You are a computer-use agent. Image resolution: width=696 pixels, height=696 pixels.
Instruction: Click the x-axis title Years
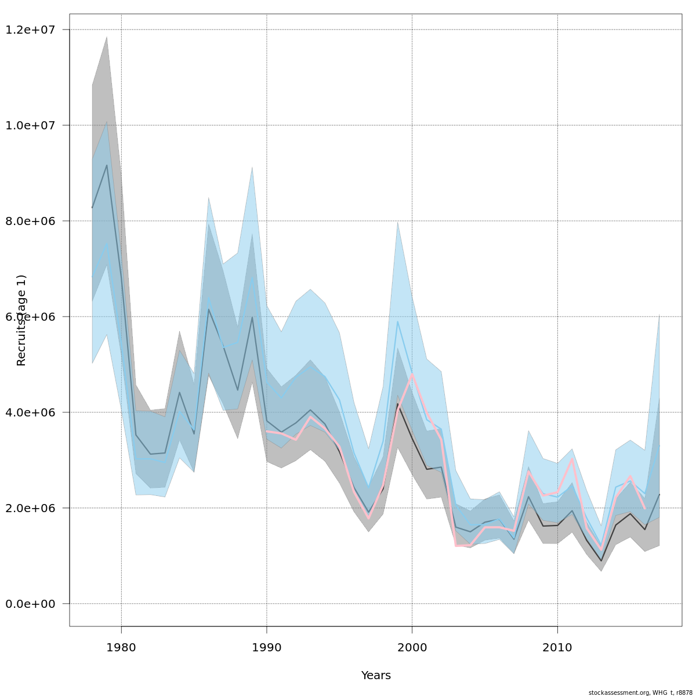pyautogui.click(x=376, y=676)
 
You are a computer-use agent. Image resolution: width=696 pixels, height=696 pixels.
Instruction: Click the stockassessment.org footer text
pyautogui.click(x=640, y=693)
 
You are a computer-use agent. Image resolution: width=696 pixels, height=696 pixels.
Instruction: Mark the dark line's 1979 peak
pyautogui.click(x=107, y=165)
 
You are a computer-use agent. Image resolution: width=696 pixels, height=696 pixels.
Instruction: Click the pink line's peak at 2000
pyautogui.click(x=412, y=374)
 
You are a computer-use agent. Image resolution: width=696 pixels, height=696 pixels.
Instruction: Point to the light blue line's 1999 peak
pyautogui.click(x=397, y=321)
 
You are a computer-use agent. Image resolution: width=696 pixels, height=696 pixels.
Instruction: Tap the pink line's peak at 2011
pyautogui.click(x=572, y=459)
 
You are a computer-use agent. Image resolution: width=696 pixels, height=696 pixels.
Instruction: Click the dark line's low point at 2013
pyautogui.click(x=601, y=561)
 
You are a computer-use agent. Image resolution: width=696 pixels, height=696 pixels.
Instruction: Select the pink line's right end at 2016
pyautogui.click(x=645, y=509)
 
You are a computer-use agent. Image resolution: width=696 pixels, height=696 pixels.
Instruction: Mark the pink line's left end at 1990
pyautogui.click(x=267, y=431)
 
